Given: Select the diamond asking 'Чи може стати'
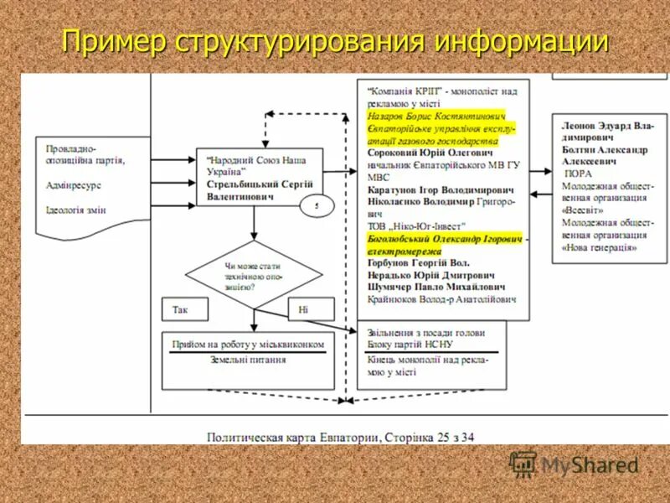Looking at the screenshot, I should click(x=253, y=275).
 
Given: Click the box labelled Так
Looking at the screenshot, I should click(x=181, y=309).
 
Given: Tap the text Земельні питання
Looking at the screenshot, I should click(x=247, y=360).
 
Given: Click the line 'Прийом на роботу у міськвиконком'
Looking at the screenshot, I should click(x=248, y=344).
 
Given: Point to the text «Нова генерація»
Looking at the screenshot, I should click(x=600, y=248).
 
